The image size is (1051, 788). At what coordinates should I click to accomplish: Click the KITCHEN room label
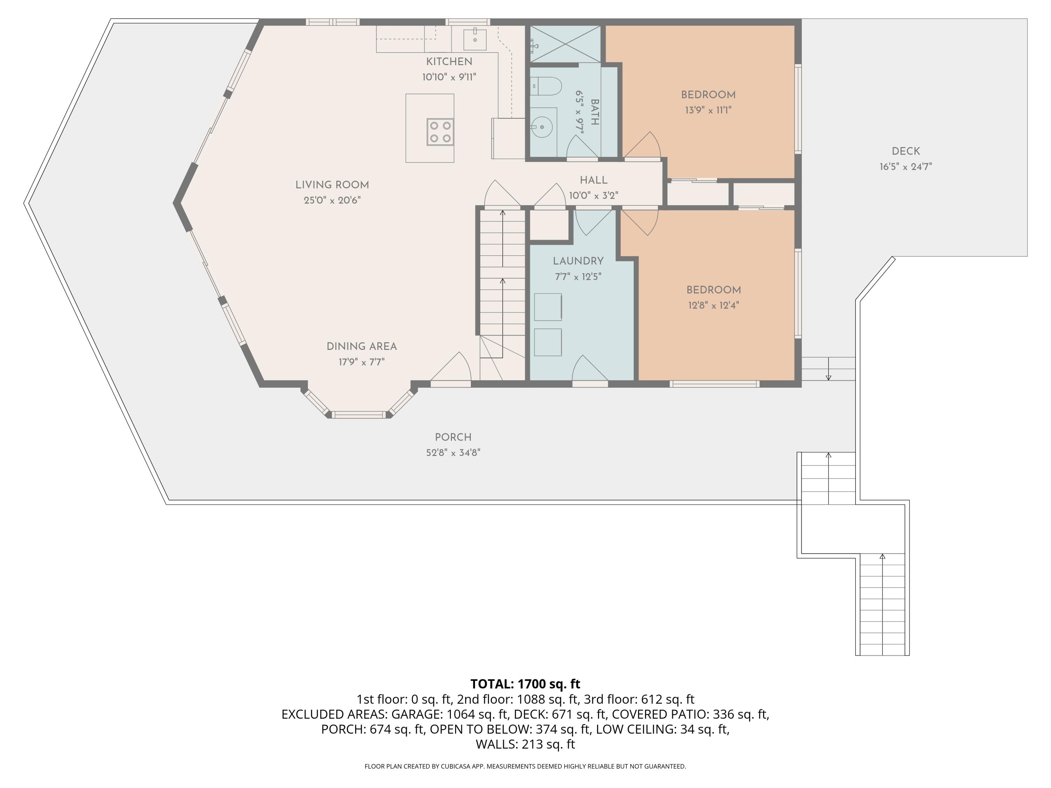(x=449, y=62)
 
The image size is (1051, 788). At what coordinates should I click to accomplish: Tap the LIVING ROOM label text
(x=332, y=185)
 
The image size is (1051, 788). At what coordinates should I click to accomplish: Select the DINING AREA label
(x=362, y=346)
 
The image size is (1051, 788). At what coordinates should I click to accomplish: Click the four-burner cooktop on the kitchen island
(x=440, y=132)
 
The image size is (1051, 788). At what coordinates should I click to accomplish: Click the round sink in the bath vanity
(x=542, y=127)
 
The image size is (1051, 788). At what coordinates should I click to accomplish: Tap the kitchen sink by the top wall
(x=475, y=39)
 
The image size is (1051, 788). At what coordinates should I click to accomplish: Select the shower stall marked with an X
(x=565, y=44)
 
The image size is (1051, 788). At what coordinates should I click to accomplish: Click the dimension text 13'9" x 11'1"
(x=708, y=110)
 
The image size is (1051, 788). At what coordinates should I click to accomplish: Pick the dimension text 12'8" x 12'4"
(x=714, y=305)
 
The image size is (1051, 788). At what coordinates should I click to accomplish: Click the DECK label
(x=906, y=151)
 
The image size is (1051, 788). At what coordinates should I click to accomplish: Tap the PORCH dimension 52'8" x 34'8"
(x=453, y=452)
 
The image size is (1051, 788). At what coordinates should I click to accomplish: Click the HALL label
(x=593, y=180)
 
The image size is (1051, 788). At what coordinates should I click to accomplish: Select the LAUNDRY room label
(x=578, y=261)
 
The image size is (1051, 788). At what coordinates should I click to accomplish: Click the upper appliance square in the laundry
(x=548, y=307)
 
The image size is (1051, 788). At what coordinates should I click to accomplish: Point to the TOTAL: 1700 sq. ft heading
(x=525, y=684)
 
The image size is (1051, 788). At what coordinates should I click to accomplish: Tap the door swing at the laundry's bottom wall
(x=590, y=368)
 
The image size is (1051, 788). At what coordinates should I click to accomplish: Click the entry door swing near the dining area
(x=451, y=366)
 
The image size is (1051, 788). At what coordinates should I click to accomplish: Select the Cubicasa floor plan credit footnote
(x=525, y=766)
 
